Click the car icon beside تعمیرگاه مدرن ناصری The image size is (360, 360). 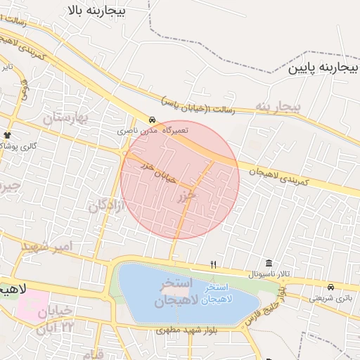(153, 119)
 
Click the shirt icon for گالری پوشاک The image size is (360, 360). (8, 134)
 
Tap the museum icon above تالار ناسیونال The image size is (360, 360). (269, 262)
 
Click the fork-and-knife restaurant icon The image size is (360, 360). (213, 264)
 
